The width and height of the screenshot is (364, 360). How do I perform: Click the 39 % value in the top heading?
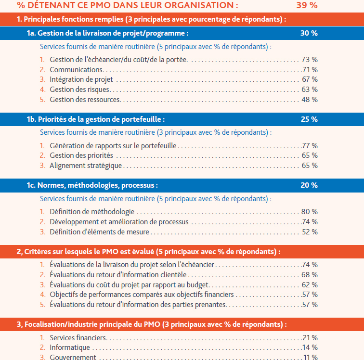[307, 5]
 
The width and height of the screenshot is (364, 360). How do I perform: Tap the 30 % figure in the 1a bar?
[309, 33]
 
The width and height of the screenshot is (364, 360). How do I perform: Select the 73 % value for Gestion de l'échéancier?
[310, 60]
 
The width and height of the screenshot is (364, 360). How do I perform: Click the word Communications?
[77, 70]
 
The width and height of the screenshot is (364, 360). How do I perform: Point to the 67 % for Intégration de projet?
[310, 79]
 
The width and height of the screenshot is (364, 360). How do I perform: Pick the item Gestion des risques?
[80, 90]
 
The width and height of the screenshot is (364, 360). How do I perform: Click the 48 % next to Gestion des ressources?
[310, 100]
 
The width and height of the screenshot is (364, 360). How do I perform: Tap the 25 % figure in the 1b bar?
[309, 119]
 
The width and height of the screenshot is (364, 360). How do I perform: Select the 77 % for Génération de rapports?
[310, 146]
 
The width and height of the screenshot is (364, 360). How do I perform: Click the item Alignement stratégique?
[86, 166]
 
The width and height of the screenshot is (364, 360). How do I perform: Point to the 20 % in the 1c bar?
[309, 185]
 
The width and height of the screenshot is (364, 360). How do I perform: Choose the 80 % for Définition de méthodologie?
[310, 212]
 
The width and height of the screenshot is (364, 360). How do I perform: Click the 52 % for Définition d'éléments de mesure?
[310, 232]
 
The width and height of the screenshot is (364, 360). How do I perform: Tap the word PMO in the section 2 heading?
[110, 252]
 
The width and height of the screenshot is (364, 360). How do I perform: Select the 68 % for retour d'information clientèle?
[310, 275]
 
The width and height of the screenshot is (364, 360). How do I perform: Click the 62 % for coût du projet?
[310, 285]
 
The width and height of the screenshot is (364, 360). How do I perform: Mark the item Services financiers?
[78, 338]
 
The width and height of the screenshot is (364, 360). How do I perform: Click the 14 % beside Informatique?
[310, 347]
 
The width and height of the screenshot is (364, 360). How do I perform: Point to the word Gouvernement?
[73, 357]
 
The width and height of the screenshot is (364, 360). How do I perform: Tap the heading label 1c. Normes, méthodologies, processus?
[92, 185]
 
